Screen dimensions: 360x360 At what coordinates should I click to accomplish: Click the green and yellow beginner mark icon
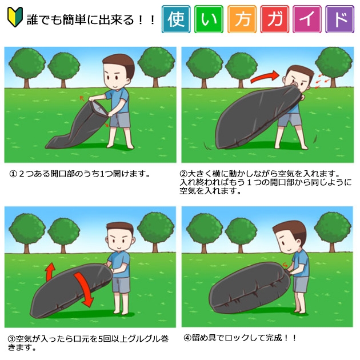pyautogui.click(x=15, y=17)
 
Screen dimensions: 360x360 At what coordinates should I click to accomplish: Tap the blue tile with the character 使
pyautogui.click(x=176, y=19)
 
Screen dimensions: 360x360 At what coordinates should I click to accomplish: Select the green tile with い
pyautogui.click(x=209, y=19)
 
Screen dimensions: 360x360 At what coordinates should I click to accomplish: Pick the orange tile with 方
pyautogui.click(x=242, y=19)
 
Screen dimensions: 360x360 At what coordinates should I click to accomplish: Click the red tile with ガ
pyautogui.click(x=275, y=19)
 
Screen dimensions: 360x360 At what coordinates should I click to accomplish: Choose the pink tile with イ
pyautogui.click(x=307, y=19)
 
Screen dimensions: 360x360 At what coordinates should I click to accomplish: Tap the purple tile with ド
pyautogui.click(x=340, y=19)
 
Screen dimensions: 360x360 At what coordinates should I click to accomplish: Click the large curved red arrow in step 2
pyautogui.click(x=264, y=77)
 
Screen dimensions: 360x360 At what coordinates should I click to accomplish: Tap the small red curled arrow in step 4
pyautogui.click(x=285, y=265)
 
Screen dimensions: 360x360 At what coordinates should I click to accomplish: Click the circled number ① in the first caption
pyautogui.click(x=13, y=174)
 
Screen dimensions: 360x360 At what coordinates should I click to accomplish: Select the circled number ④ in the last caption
pyautogui.click(x=187, y=338)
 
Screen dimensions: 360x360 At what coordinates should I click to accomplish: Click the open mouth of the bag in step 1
pyautogui.click(x=99, y=109)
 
